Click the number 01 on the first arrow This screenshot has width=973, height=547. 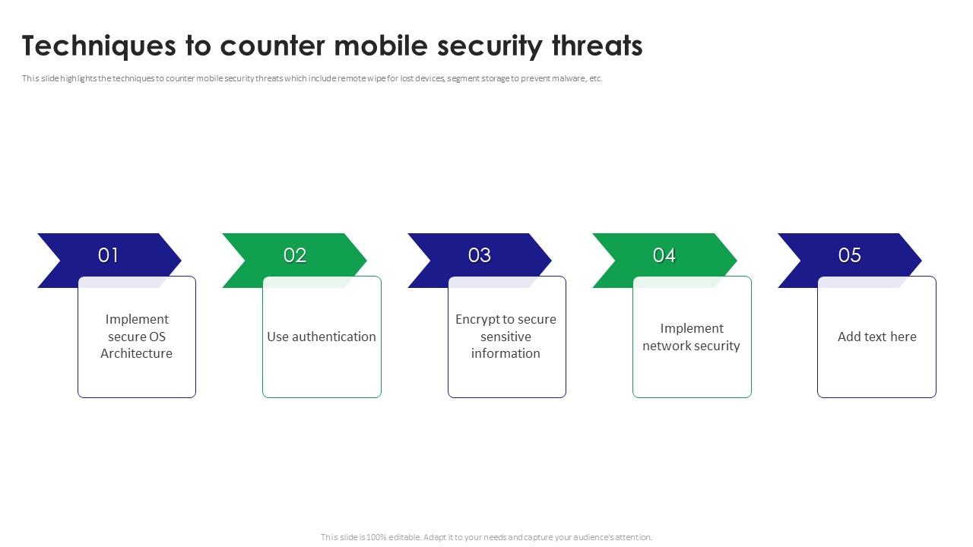(x=108, y=255)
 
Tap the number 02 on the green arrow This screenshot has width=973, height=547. (x=295, y=255)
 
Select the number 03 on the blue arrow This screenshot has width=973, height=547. (x=480, y=255)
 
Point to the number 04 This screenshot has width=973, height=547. (x=664, y=255)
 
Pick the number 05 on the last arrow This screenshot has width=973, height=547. (x=850, y=255)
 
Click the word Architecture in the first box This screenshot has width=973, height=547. (x=136, y=353)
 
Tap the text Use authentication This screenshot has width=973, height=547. (x=322, y=337)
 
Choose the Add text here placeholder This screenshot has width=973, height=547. (x=877, y=337)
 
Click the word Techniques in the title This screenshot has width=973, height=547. (x=99, y=46)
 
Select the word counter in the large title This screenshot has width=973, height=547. (x=273, y=47)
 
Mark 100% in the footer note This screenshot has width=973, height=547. (x=376, y=537)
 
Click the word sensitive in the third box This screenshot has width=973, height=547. (x=506, y=337)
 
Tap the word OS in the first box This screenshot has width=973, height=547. (x=157, y=337)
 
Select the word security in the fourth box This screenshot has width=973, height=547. (x=716, y=346)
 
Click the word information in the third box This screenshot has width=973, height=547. (x=506, y=353)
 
